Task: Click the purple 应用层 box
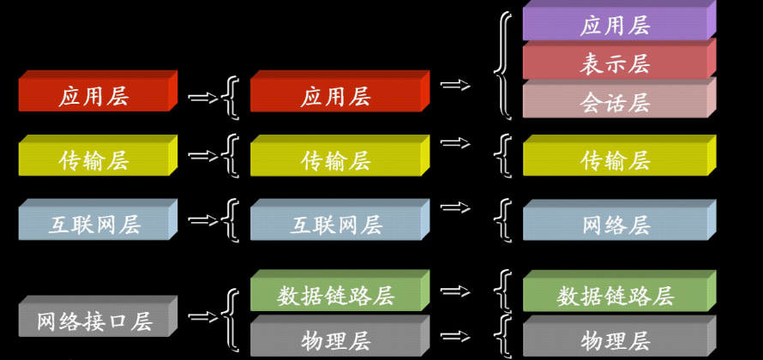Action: coord(616,25)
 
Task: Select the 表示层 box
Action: coord(616,64)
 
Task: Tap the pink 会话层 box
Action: coord(616,103)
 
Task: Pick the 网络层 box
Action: coord(616,225)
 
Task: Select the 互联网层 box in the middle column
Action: coord(336,225)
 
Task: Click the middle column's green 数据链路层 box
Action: coord(336,296)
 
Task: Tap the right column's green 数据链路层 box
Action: coord(616,296)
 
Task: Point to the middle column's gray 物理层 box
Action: coord(336,340)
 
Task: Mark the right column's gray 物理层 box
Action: coord(616,340)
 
